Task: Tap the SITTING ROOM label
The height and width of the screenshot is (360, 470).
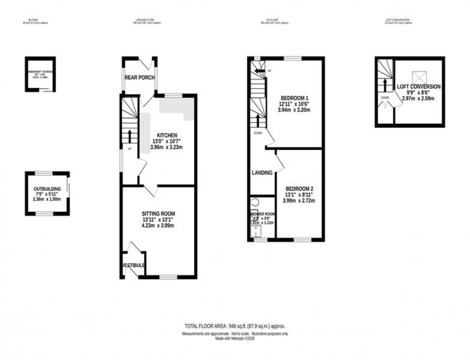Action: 158,213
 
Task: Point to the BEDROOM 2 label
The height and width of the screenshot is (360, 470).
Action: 299,188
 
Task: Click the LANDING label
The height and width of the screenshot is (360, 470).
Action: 262,173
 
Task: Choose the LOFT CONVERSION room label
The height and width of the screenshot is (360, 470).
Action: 419,87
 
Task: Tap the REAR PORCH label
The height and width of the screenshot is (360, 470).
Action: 139,77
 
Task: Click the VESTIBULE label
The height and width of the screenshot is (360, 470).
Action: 134,265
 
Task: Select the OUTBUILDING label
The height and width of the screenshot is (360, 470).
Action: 47,189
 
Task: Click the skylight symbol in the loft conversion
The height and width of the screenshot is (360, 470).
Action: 419,76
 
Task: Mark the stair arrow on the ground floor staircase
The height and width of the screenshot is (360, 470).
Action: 129,136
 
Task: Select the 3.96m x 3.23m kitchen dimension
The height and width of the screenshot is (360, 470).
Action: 166,147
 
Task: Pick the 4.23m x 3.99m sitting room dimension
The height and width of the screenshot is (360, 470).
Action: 158,225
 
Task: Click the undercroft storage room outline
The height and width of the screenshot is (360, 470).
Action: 40,74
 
